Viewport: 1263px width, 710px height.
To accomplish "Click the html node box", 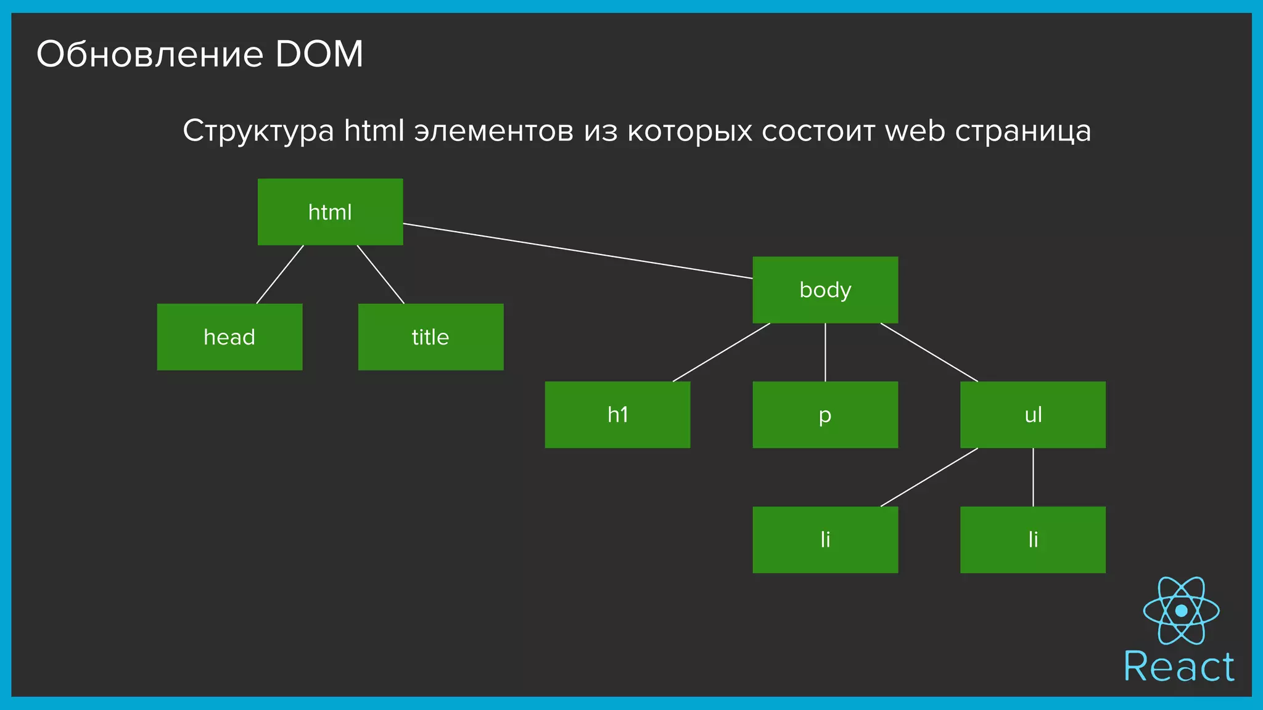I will [330, 212].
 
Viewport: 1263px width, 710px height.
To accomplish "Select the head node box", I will [229, 337].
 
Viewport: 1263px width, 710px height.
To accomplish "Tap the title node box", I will [430, 337].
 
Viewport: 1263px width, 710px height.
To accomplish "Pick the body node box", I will [825, 290].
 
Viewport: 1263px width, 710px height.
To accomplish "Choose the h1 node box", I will [617, 415].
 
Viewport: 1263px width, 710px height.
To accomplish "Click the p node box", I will [825, 415].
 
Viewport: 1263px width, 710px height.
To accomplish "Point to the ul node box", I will [1033, 415].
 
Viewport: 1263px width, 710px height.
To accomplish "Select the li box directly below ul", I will [1033, 540].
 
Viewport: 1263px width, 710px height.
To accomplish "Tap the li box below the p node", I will [825, 540].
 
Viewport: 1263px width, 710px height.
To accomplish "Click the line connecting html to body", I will [578, 251].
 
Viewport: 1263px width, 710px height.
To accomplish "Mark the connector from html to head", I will [280, 274].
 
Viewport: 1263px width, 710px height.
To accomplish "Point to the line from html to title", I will [381, 274].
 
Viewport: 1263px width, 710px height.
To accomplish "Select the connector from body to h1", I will [722, 353].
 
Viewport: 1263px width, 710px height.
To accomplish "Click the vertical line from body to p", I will [825, 353].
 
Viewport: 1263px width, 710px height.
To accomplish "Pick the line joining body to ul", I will [929, 353].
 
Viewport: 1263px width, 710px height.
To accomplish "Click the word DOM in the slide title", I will [319, 54].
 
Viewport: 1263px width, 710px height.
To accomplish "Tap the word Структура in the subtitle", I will [258, 131].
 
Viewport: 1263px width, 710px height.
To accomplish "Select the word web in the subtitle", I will [915, 131].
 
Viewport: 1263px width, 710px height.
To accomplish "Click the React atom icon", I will [1181, 611].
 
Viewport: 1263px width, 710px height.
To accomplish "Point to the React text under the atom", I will [1179, 667].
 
